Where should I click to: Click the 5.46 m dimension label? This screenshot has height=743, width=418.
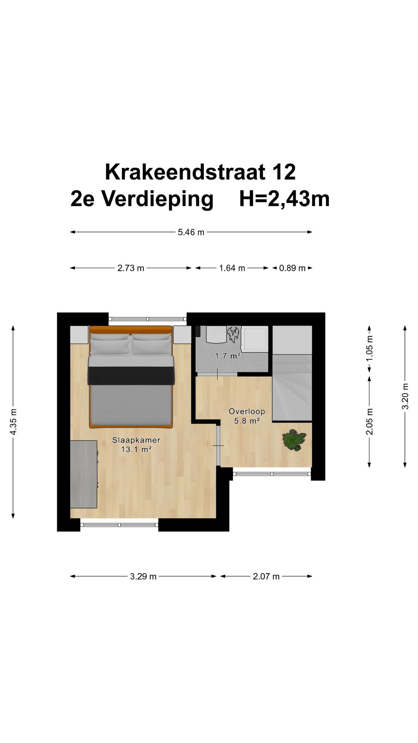pyautogui.click(x=191, y=232)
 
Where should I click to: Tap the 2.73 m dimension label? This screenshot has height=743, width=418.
pyautogui.click(x=130, y=268)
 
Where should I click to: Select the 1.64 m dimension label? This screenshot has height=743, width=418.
pyautogui.click(x=232, y=268)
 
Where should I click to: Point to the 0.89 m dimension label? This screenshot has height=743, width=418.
pyautogui.click(x=292, y=268)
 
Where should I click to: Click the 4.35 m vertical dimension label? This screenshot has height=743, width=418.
pyautogui.click(x=13, y=422)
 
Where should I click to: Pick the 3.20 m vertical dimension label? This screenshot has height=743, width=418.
pyautogui.click(x=405, y=396)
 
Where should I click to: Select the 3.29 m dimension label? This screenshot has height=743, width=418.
pyautogui.click(x=143, y=577)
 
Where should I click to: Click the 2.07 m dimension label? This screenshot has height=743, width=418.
pyautogui.click(x=266, y=577)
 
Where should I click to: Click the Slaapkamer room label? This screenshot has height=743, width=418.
pyautogui.click(x=136, y=440)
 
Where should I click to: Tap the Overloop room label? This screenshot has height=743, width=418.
pyautogui.click(x=247, y=411)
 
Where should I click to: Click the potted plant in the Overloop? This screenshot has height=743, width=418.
pyautogui.click(x=294, y=440)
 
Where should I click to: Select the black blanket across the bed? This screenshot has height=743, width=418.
pyautogui.click(x=131, y=375)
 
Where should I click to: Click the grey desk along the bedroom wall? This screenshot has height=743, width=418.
pyautogui.click(x=83, y=474)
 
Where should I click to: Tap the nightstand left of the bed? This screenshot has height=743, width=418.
pyautogui.click(x=79, y=335)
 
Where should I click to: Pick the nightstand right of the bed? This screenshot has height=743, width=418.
pyautogui.click(x=182, y=335)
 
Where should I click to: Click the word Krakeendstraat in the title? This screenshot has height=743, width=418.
pyautogui.click(x=185, y=172)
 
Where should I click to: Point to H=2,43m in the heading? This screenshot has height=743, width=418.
pyautogui.click(x=284, y=199)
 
